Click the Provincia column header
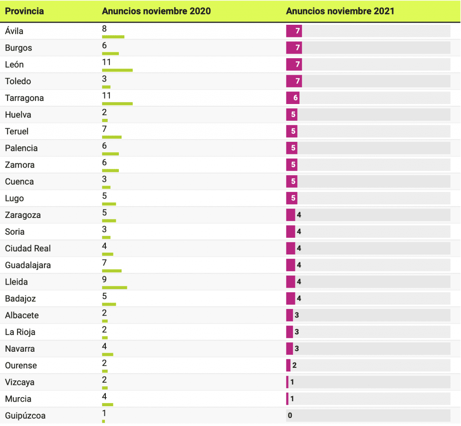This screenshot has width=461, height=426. pos(24,11)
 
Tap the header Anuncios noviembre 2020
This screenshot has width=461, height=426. pos(156,11)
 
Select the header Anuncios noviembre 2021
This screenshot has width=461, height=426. pos(340,11)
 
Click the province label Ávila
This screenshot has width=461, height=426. pos(14,31)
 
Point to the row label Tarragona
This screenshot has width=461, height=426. pos(24,98)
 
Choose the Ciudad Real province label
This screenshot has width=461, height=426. pos(28,249)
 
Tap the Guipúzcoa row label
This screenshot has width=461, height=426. pos(25,416)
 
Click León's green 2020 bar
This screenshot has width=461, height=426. pos(118,70)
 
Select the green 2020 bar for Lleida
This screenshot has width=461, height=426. pos(114,287)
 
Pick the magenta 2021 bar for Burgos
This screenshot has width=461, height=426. pos(294,48)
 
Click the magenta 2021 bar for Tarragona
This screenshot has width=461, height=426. pos(293,98)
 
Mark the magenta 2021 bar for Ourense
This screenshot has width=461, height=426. pos(288,366)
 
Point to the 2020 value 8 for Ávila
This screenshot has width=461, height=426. pos(104,29)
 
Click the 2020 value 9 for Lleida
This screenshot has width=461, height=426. pos(104,280)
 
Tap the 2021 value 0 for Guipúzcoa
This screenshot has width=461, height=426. pos(290,416)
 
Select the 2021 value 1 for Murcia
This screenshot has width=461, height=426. pos(292,399)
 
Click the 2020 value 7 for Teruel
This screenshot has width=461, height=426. pos(104,129)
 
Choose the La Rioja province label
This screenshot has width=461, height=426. pos(20,332)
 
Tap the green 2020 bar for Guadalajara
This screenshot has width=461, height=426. pos(112,271)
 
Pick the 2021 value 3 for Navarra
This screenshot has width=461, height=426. pos(297,349)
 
